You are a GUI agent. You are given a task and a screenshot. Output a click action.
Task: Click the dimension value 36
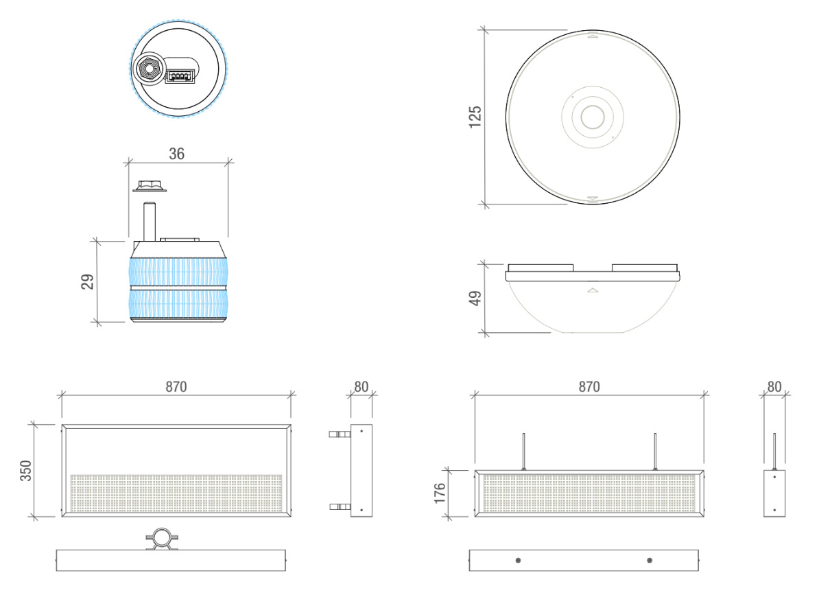click(x=176, y=154)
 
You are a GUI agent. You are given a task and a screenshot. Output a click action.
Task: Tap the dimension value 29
click(x=87, y=281)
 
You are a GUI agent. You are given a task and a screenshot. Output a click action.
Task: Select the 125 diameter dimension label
click(x=475, y=117)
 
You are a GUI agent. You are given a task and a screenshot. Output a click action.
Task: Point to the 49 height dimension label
click(x=475, y=299)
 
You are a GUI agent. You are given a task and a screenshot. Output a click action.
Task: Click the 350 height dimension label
click(x=25, y=471)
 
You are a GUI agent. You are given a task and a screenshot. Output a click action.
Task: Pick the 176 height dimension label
click(x=440, y=493)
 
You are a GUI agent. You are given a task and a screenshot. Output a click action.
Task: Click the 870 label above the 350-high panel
click(x=176, y=386)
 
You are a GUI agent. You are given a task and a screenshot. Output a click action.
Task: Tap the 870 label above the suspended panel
click(x=589, y=386)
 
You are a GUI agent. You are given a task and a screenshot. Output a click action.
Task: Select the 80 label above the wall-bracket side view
click(x=361, y=386)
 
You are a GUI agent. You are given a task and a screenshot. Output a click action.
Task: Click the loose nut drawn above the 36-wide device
click(x=150, y=186)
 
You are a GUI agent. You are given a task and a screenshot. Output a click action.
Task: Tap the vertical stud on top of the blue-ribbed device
click(x=150, y=222)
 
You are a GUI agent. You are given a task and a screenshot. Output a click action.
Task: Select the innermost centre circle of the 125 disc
click(x=593, y=117)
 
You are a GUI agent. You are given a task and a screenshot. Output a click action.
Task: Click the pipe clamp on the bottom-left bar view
click(x=163, y=539)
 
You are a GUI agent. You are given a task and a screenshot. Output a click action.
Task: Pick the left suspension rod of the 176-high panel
click(x=524, y=452)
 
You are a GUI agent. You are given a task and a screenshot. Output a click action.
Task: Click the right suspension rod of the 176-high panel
click(x=655, y=452)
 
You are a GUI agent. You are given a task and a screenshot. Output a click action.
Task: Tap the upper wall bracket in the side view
click(x=340, y=434)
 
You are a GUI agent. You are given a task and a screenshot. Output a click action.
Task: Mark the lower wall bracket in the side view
click(x=340, y=506)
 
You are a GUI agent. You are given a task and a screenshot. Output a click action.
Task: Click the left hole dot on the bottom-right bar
click(x=518, y=561)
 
